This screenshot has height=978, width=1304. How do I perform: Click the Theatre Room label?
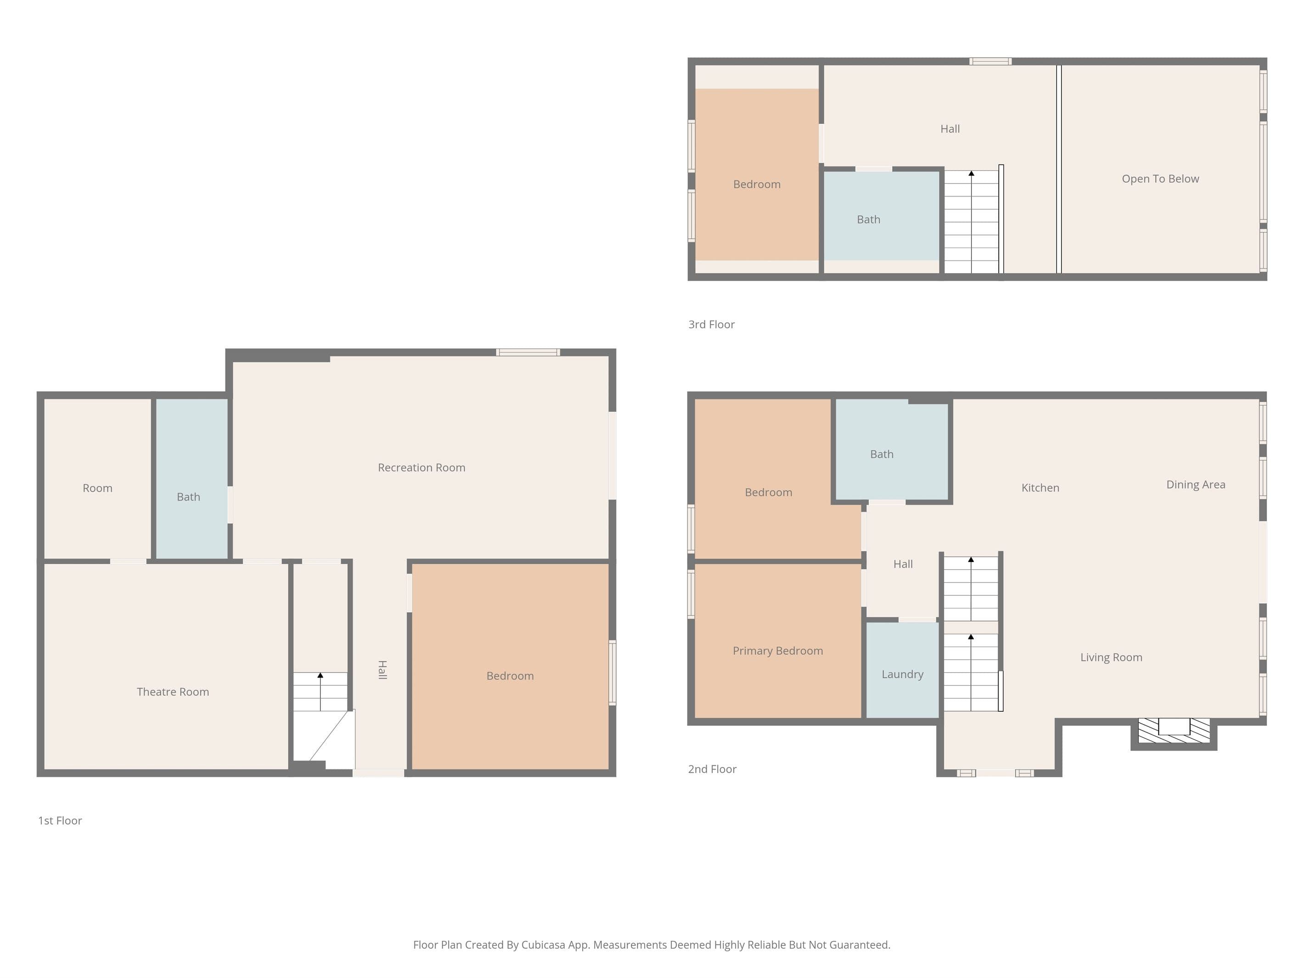point(173,691)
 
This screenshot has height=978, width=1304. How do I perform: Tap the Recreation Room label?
point(422,467)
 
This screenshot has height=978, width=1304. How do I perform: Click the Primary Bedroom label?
point(777,651)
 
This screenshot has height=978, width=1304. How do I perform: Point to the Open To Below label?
point(1160,179)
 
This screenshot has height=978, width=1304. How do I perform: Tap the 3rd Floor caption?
point(712,324)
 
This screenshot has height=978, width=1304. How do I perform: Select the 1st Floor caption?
point(60,821)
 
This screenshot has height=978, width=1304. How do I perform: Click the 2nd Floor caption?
point(712,769)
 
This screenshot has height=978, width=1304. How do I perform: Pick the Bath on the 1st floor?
point(191,479)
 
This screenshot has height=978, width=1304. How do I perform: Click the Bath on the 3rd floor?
point(881,216)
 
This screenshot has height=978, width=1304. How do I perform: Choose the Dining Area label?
point(1196,484)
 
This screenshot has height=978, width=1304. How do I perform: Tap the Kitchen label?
point(1040,488)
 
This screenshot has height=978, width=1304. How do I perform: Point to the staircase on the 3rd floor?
point(972,222)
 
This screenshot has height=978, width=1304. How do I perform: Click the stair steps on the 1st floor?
point(320,691)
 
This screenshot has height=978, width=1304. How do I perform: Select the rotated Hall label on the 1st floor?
point(382,670)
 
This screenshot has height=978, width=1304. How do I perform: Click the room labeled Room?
point(97,479)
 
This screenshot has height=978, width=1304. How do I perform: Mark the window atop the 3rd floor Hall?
point(990,62)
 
